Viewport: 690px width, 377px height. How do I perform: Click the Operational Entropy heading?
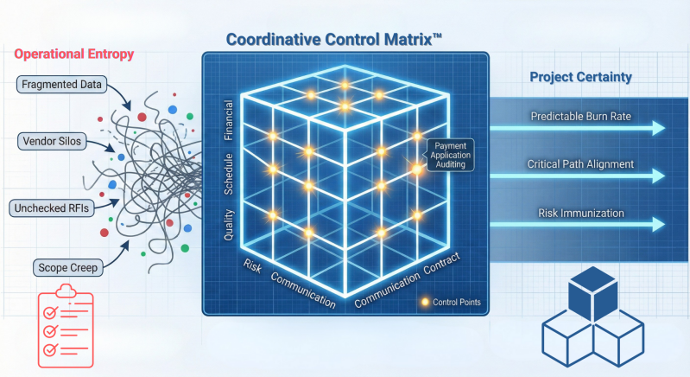click(x=75, y=54)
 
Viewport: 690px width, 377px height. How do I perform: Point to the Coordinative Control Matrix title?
click(x=345, y=39)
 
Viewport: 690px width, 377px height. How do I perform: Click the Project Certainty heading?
click(x=580, y=77)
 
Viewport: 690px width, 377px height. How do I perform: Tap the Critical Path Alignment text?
click(x=580, y=163)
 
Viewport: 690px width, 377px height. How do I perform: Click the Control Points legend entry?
click(x=450, y=303)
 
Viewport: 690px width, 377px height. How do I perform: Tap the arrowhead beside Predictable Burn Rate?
click(x=658, y=129)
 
